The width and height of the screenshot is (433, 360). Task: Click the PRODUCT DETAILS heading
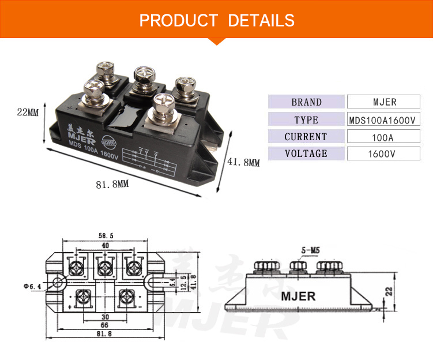(x=217, y=21)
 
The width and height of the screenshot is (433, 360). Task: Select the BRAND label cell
(x=306, y=102)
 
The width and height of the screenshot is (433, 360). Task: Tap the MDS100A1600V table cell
(x=384, y=120)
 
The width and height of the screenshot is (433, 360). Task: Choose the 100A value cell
(x=384, y=137)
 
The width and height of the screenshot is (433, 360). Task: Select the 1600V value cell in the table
(x=384, y=154)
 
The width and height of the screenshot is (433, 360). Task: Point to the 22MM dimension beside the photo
(x=27, y=112)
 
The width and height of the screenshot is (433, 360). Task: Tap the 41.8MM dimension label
(x=243, y=163)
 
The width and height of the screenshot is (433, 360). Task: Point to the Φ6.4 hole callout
(x=33, y=286)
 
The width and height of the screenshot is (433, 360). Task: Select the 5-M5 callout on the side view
(x=310, y=251)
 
